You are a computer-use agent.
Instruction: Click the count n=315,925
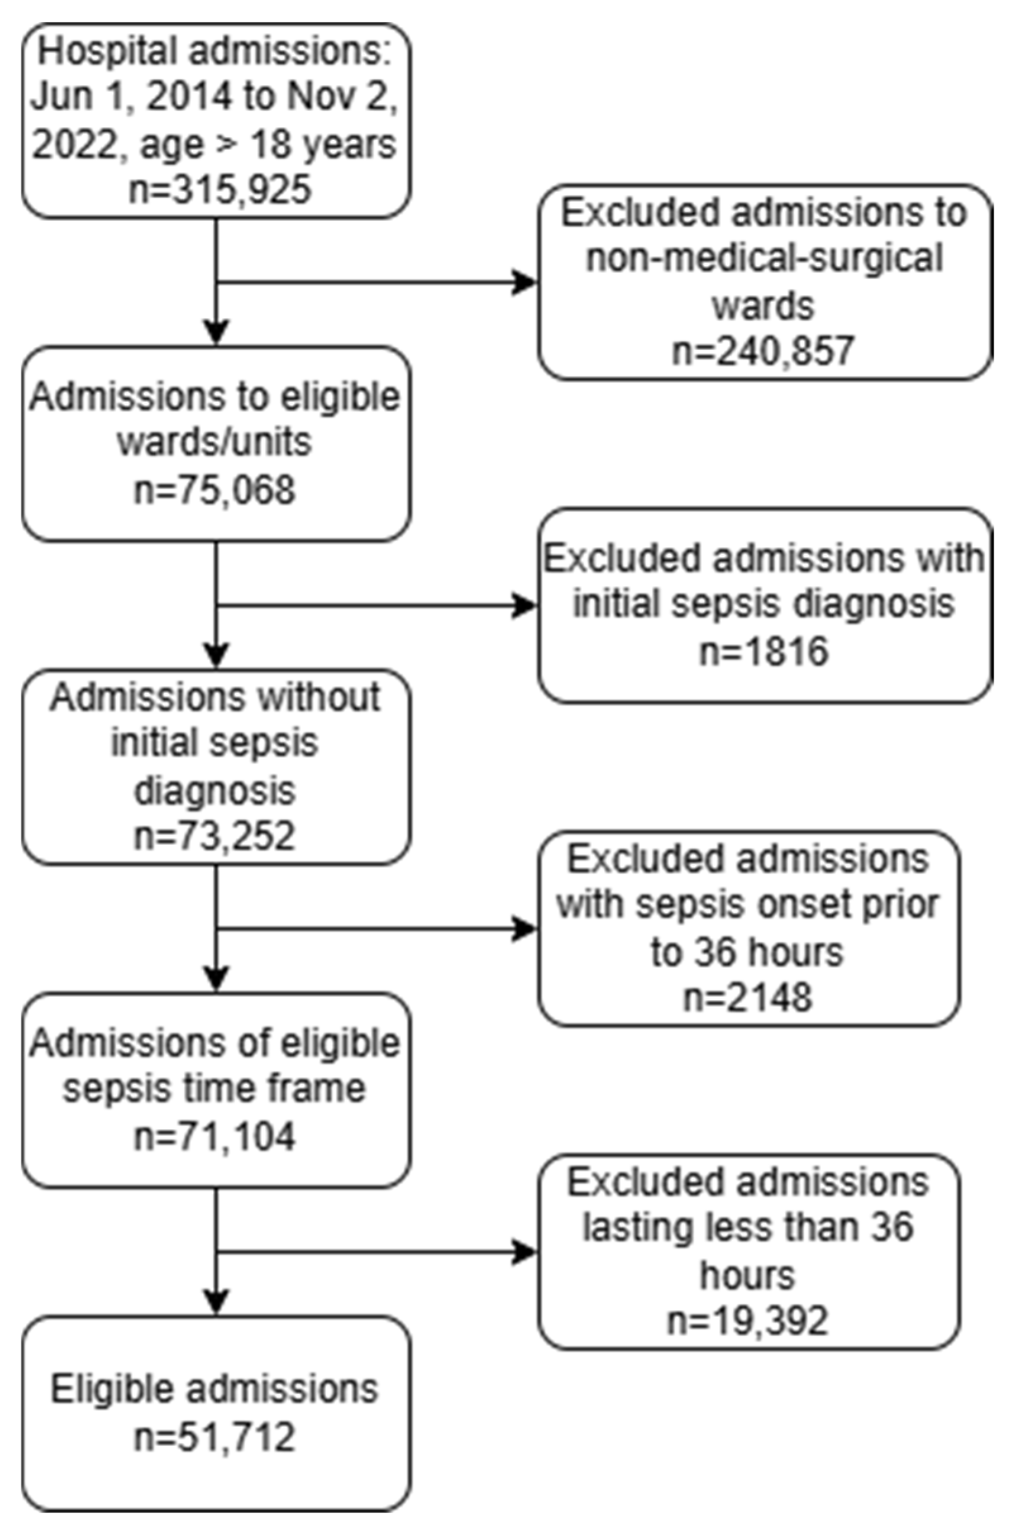(219, 190)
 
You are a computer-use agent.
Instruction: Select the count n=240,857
(763, 351)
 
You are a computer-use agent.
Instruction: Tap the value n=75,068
(214, 490)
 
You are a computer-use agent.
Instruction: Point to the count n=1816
(763, 651)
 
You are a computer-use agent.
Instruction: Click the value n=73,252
(214, 836)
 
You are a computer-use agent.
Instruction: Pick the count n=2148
(747, 997)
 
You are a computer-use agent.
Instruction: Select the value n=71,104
(214, 1136)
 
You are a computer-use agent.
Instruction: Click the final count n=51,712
(214, 1437)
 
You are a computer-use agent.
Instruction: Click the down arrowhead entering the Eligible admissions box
(216, 1301)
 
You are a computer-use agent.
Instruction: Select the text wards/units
(214, 442)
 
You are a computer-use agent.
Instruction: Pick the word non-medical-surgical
(763, 258)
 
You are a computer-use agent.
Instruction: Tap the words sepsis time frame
(214, 1089)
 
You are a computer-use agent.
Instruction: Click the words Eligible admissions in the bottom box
(214, 1390)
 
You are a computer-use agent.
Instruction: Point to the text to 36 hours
(747, 951)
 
